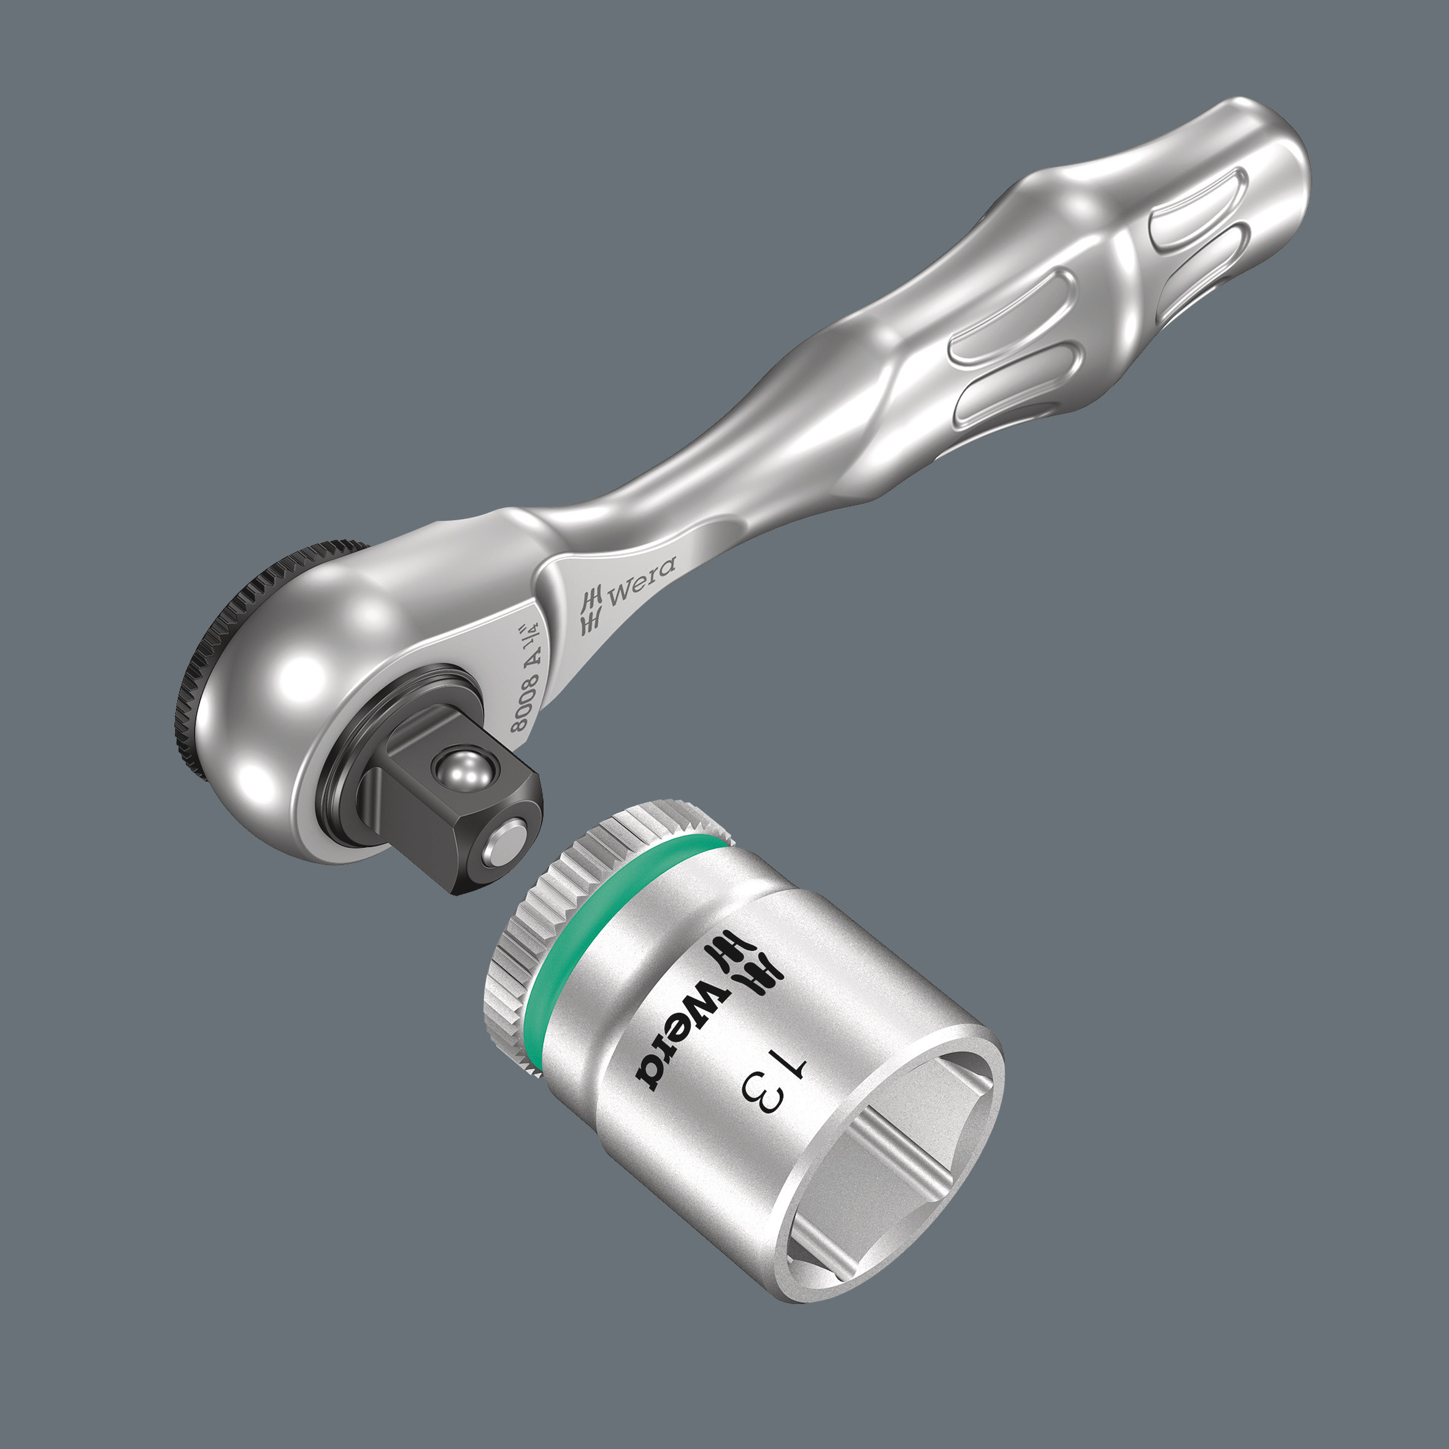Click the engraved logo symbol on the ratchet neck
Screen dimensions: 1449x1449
592,611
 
